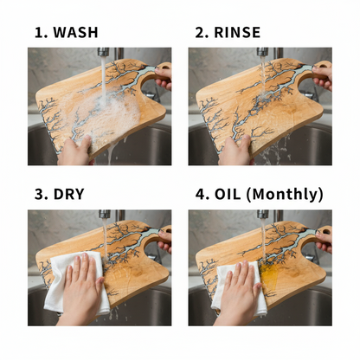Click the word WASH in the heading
[75, 32]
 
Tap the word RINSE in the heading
[237, 32]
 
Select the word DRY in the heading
[68, 194]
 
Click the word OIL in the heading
[228, 194]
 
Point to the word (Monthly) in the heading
[285, 195]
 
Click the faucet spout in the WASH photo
[103, 52]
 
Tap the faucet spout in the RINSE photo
[262, 52]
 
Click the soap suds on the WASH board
[106, 112]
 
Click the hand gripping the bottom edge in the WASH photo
[75, 151]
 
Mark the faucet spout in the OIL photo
[263, 214]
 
